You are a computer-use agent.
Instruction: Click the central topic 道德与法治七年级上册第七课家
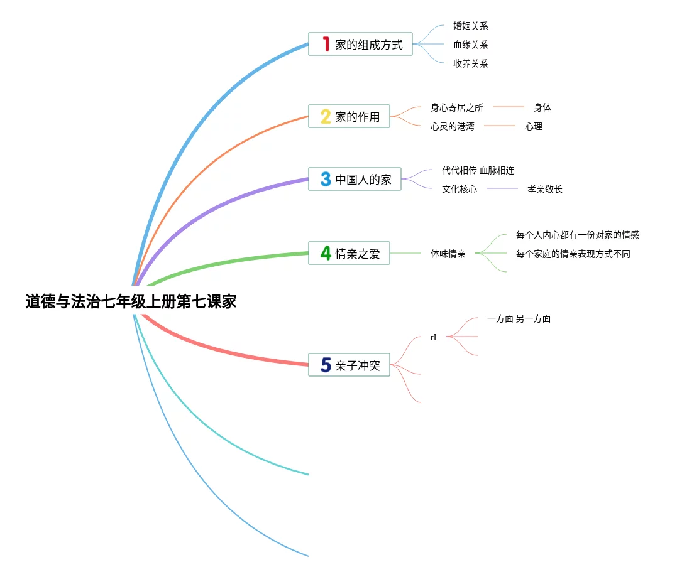(x=131, y=302)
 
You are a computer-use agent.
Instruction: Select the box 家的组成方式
(x=360, y=45)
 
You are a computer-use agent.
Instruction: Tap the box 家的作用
(x=349, y=117)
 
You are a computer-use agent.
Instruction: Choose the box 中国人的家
(x=355, y=180)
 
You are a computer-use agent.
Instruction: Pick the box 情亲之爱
(x=349, y=254)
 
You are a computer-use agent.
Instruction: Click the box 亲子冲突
(x=349, y=365)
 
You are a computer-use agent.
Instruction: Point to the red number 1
(x=326, y=44)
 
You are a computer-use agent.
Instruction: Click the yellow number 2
(x=326, y=117)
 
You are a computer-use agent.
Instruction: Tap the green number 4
(x=326, y=253)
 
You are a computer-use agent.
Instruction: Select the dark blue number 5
(x=326, y=365)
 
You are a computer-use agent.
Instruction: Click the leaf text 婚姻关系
(x=471, y=26)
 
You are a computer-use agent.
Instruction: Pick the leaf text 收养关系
(x=471, y=63)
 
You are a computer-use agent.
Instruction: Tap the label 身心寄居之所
(x=457, y=108)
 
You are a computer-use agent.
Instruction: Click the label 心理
(x=534, y=127)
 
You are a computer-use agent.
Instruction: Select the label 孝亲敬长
(x=545, y=189)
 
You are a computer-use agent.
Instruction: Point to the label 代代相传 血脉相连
(x=478, y=171)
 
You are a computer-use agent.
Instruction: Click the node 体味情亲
(x=448, y=254)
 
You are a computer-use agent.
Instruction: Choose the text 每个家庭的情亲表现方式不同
(x=573, y=254)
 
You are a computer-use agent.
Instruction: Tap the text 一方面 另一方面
(x=519, y=319)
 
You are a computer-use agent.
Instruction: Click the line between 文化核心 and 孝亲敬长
(x=502, y=188)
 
